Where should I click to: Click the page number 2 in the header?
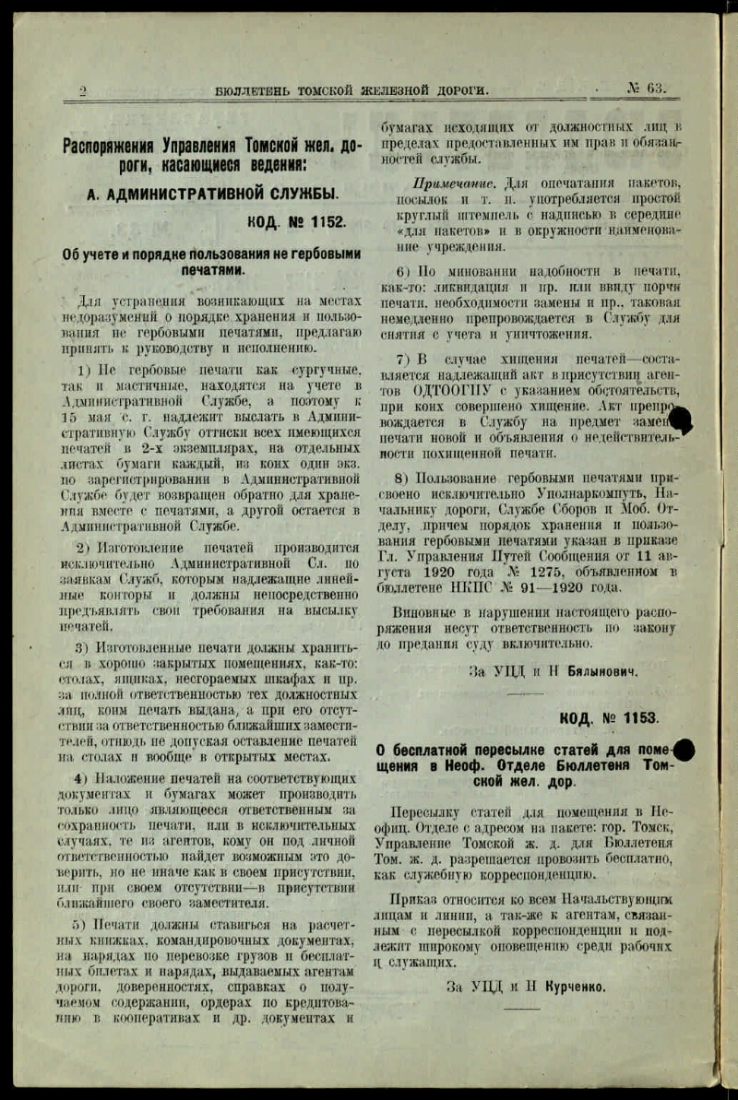(x=83, y=90)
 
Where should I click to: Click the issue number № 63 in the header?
(x=646, y=89)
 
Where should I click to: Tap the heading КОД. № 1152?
(x=297, y=222)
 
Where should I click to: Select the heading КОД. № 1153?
(x=609, y=717)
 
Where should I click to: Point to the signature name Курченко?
(x=568, y=987)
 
